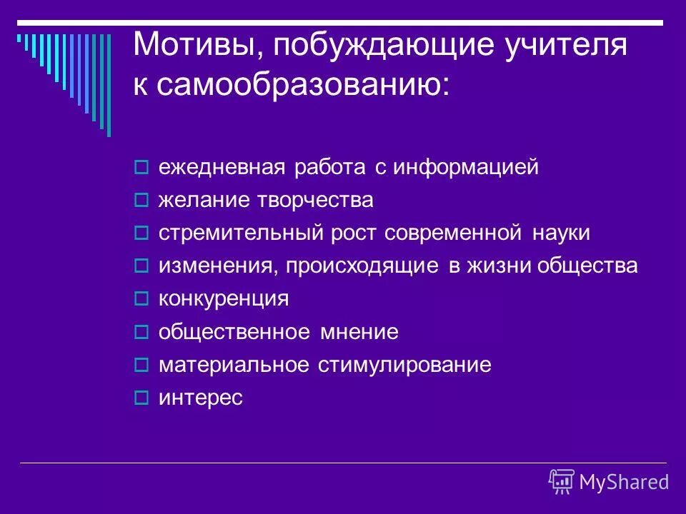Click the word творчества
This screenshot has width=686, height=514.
click(x=317, y=201)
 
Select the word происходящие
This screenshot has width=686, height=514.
click(x=362, y=266)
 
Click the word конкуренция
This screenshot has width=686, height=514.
click(x=224, y=299)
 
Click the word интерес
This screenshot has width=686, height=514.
click(x=201, y=398)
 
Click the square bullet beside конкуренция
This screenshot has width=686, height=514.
click(x=141, y=300)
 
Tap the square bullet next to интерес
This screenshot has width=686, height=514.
click(x=141, y=398)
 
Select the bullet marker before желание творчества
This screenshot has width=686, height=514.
click(x=141, y=201)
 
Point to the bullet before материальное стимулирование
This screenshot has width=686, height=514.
click(x=141, y=366)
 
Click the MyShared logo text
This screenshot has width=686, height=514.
click(x=624, y=482)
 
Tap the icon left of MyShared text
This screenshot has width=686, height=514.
click(x=562, y=481)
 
